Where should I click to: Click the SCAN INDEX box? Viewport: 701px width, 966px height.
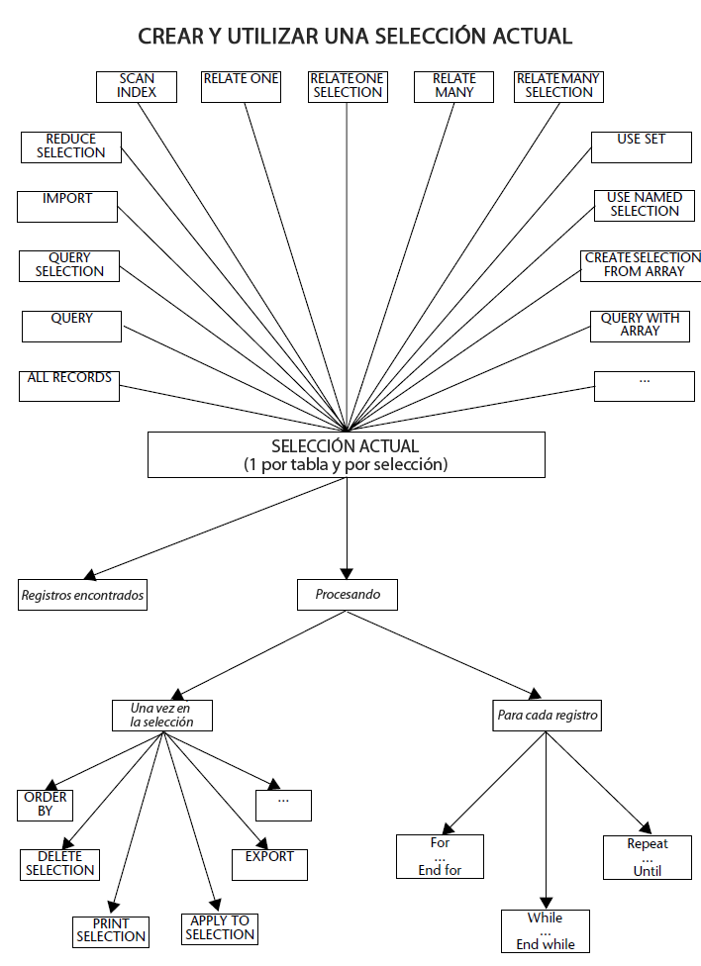[x=137, y=86]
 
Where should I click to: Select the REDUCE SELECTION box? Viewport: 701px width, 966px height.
[x=71, y=146]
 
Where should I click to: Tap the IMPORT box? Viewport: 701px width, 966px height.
[x=67, y=206]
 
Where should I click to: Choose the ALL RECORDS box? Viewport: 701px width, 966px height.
[x=69, y=385]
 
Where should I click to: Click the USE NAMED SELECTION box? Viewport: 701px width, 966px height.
[x=644, y=205]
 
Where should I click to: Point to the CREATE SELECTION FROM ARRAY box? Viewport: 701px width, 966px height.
[x=642, y=265]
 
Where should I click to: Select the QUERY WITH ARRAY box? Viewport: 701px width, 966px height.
[x=640, y=326]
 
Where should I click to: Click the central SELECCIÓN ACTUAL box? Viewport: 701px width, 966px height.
[x=346, y=454]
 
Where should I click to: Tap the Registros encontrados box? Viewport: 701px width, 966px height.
[x=82, y=595]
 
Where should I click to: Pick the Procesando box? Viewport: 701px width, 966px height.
[x=347, y=595]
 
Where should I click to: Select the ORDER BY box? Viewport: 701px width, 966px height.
[x=45, y=804]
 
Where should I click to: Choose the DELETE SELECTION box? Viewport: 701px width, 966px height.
[x=59, y=864]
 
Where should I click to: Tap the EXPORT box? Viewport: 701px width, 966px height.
[x=269, y=864]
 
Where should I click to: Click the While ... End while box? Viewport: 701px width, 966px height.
[x=545, y=931]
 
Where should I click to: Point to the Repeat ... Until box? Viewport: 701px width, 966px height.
[x=648, y=857]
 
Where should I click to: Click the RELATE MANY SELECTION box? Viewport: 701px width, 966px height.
[x=558, y=86]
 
